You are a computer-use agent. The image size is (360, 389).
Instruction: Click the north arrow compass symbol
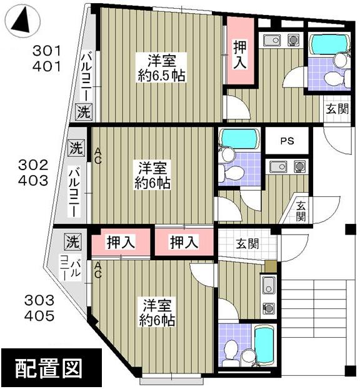tap(22, 23)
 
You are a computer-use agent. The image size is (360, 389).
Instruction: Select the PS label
tap(286, 141)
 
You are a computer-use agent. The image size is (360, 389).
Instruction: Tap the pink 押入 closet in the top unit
tap(241, 53)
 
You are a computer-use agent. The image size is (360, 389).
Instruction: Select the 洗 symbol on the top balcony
tap(83, 113)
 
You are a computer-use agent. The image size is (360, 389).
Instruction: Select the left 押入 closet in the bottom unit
tap(121, 243)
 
